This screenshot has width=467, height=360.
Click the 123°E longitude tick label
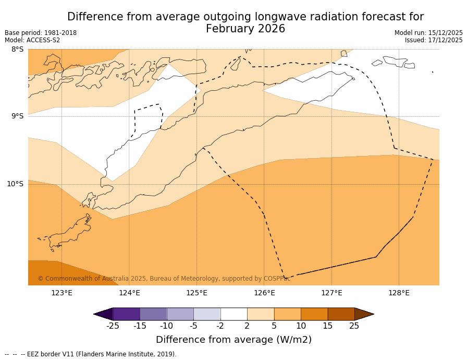[x=62, y=293]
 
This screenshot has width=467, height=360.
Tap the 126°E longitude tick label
[x=264, y=293]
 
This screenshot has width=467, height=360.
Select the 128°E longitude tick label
[x=399, y=293]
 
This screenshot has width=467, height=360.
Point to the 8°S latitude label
[x=17, y=50]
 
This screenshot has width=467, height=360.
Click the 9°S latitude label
[x=17, y=116]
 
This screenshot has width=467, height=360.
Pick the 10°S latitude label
[x=15, y=184]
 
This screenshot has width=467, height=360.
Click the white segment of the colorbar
[x=233, y=314]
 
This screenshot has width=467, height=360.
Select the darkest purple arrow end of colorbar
[x=104, y=314]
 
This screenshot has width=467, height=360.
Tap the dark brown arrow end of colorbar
[x=364, y=314]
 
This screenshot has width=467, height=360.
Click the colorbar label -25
[x=113, y=326]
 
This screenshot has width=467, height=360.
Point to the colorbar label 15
[x=327, y=326]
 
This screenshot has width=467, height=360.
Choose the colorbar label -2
[x=220, y=326]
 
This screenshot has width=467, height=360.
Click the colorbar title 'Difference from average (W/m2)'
[x=233, y=340]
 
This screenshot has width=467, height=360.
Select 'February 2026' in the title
[x=245, y=29]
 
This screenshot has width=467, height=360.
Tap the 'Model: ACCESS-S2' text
[x=32, y=40]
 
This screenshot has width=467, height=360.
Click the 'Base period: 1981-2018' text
[x=41, y=33]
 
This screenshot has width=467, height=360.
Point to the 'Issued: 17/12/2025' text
[x=434, y=40]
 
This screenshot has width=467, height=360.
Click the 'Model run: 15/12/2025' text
[x=428, y=33]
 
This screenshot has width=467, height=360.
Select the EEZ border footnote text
[x=91, y=354]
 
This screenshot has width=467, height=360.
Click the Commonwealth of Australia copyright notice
[x=164, y=279]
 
